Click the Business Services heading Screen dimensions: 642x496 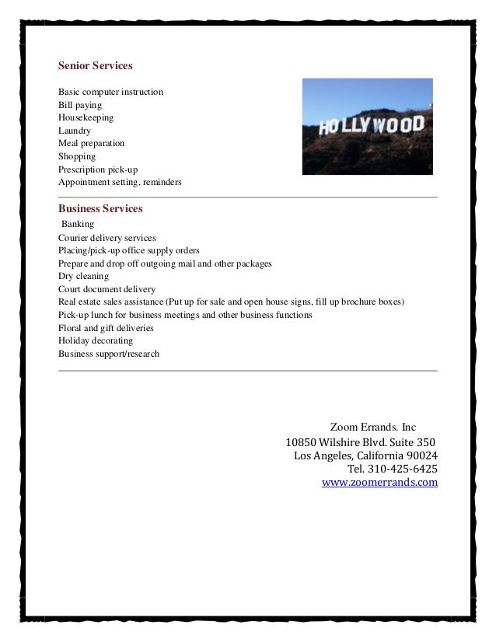pos(100,208)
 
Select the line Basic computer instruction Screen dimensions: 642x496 pos(110,92)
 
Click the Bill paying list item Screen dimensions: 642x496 pos(80,105)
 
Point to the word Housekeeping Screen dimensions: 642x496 pos(86,118)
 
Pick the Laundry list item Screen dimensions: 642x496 pos(75,131)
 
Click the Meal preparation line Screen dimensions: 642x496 pos(90,144)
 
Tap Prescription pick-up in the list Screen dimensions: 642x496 pos(98,169)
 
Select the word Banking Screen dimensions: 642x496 pos(78,224)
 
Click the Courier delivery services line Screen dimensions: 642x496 pos(107,237)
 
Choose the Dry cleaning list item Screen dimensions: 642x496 pos(83,276)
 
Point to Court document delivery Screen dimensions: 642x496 pos(107,289)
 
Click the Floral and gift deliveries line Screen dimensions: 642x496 pos(106,328)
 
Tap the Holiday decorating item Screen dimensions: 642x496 pos(95,341)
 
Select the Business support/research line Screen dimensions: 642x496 pos(109,354)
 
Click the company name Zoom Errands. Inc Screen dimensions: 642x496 pos(373,427)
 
